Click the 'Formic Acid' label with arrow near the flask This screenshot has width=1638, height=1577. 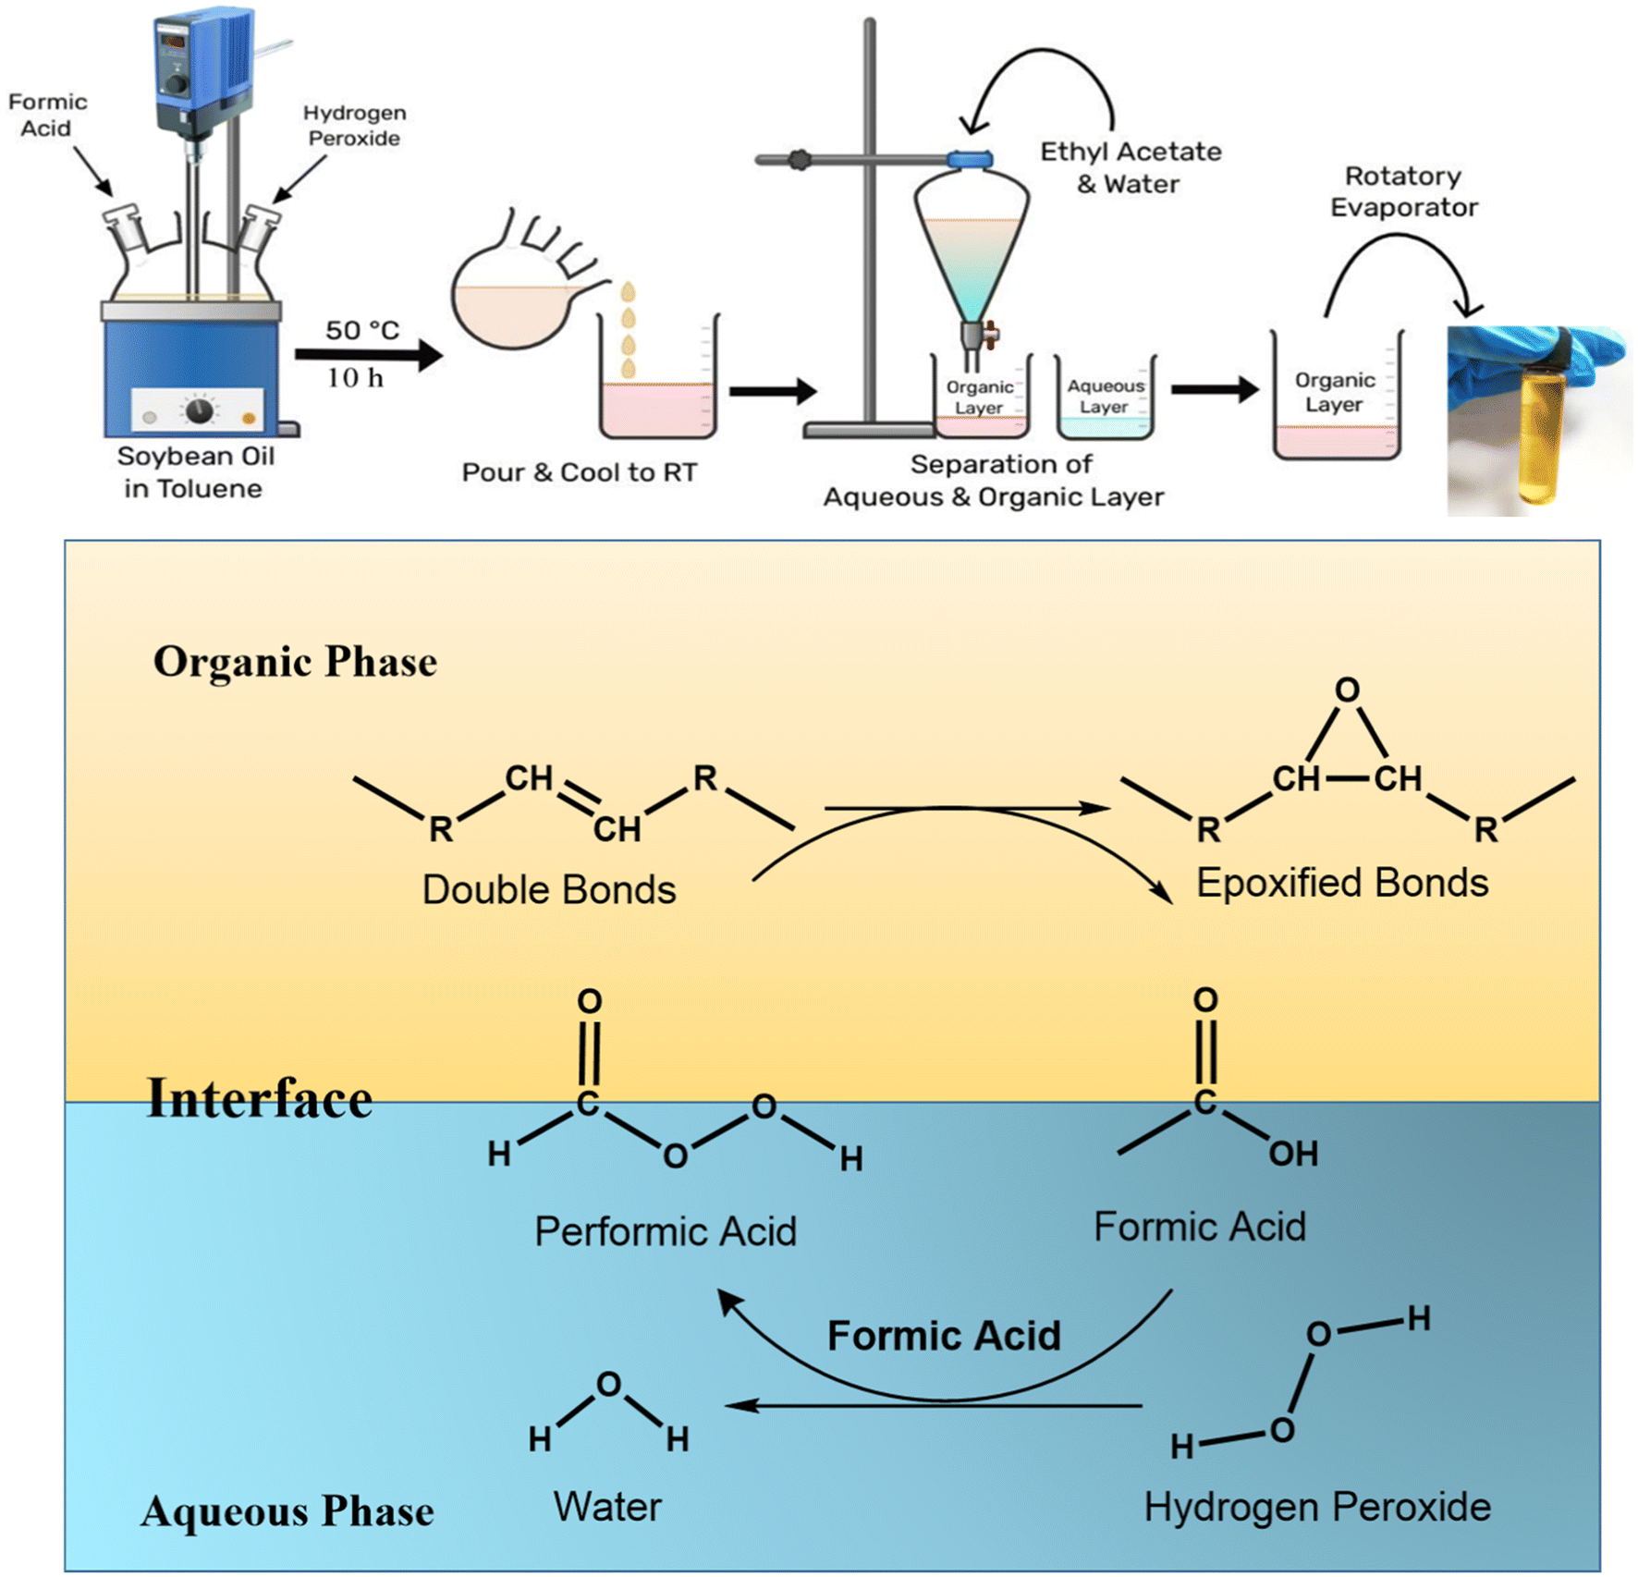(47, 115)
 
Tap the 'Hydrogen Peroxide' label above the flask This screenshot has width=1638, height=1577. (354, 126)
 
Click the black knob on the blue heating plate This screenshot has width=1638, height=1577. (199, 410)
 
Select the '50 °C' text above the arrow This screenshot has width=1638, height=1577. (361, 330)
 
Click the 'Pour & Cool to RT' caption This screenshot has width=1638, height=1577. (579, 472)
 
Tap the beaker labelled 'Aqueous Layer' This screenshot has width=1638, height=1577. (1106, 397)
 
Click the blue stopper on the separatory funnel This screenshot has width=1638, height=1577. (970, 160)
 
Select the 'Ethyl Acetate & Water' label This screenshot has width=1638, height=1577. (1130, 167)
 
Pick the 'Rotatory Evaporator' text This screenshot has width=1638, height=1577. (1403, 191)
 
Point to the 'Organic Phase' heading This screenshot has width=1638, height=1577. (295, 662)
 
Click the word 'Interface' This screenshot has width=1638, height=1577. (260, 1098)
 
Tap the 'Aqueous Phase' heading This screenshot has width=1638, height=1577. (287, 1511)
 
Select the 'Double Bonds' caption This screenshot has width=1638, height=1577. (549, 889)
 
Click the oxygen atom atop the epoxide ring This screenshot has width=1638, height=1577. (1347, 690)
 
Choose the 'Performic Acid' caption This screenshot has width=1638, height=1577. (665, 1231)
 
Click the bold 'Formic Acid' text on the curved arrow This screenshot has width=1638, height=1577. (944, 1336)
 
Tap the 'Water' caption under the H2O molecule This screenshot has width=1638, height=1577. (607, 1507)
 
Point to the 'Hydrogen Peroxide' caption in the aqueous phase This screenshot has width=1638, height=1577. (1317, 1507)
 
